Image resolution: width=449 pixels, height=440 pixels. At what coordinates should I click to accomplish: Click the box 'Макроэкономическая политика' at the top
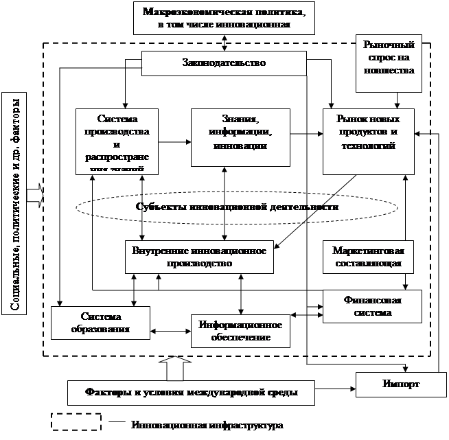coord(224,18)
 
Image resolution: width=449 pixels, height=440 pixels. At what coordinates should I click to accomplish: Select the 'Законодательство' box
coord(224,63)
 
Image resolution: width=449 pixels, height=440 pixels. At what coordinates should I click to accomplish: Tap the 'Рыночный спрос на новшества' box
coord(388,64)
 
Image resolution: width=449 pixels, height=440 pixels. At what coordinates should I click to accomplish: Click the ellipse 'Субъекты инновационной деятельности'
coord(237,207)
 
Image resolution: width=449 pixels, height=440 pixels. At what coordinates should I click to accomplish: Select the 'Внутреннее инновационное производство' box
coord(198,256)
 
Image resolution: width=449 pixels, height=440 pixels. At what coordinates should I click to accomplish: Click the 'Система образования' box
coord(100,323)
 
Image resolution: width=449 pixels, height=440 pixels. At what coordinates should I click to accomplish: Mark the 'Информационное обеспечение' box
coord(240,330)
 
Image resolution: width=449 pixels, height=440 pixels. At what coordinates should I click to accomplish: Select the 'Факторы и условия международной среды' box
coord(192,393)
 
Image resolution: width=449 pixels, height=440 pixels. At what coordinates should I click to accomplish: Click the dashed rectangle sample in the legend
coord(76,421)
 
